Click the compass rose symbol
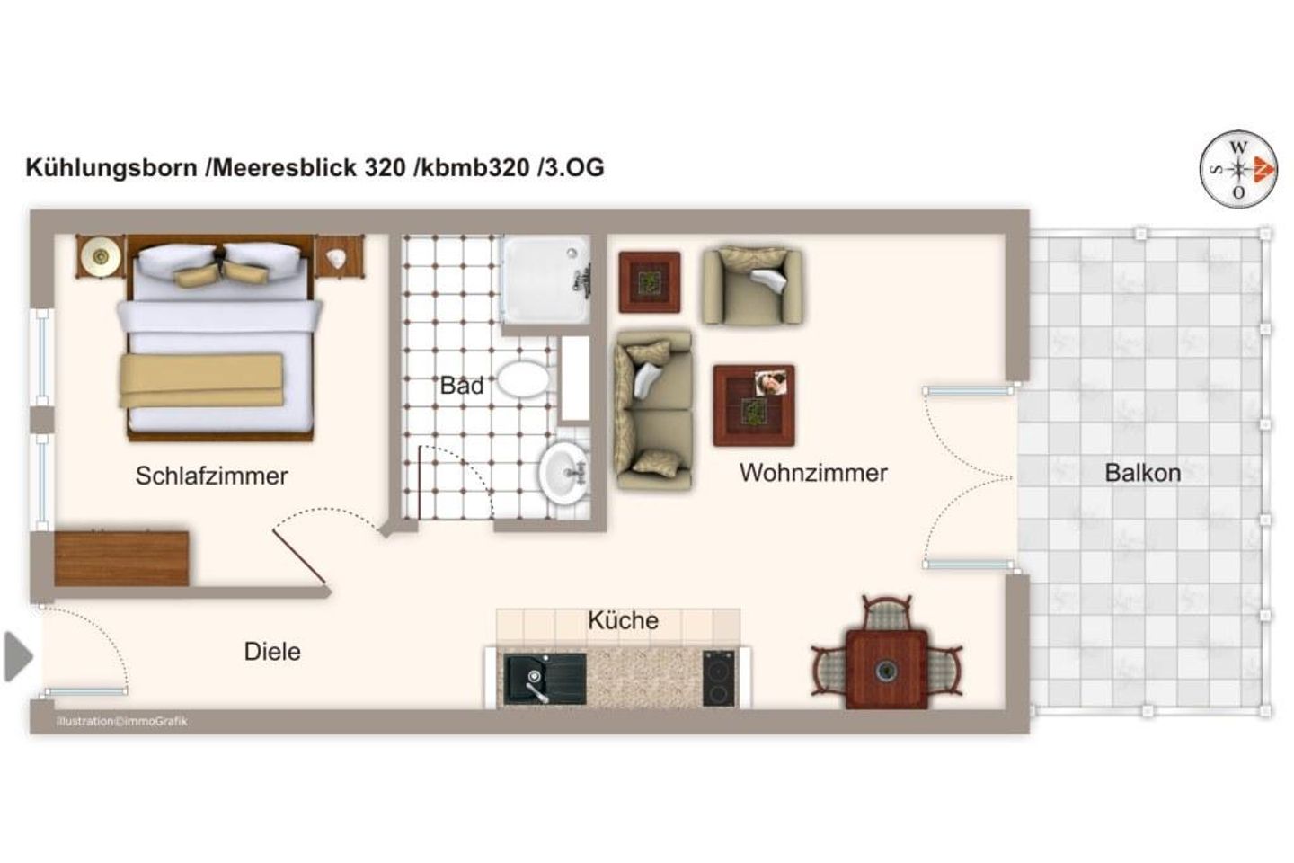coord(1238,168)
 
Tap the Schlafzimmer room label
coord(211,476)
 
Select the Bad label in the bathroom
coord(461,386)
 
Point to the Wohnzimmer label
coord(813,473)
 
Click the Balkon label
coord(1142,473)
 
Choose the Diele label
coord(271,652)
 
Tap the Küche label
coord(623,620)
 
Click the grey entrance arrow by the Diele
coord(17,656)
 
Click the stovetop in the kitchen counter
coord(718,678)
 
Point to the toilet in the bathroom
coord(523,379)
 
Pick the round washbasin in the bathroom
coord(563,471)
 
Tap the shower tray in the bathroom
coord(545,279)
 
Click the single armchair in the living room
coord(752,285)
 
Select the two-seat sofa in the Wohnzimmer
coord(652,410)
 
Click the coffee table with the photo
coord(753,405)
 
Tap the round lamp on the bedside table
coord(101,258)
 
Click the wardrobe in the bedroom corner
coord(121,558)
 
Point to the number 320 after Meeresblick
coord(385,168)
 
